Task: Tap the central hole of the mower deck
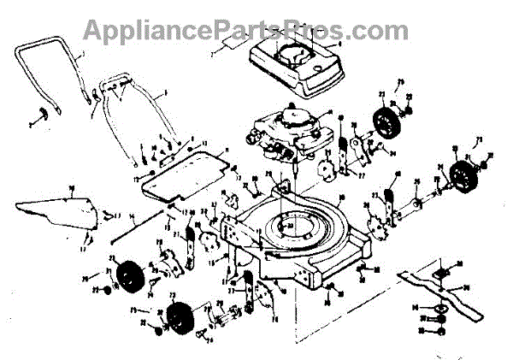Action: [295, 227]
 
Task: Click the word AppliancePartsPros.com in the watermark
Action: [245, 29]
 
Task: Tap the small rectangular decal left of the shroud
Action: [218, 50]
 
